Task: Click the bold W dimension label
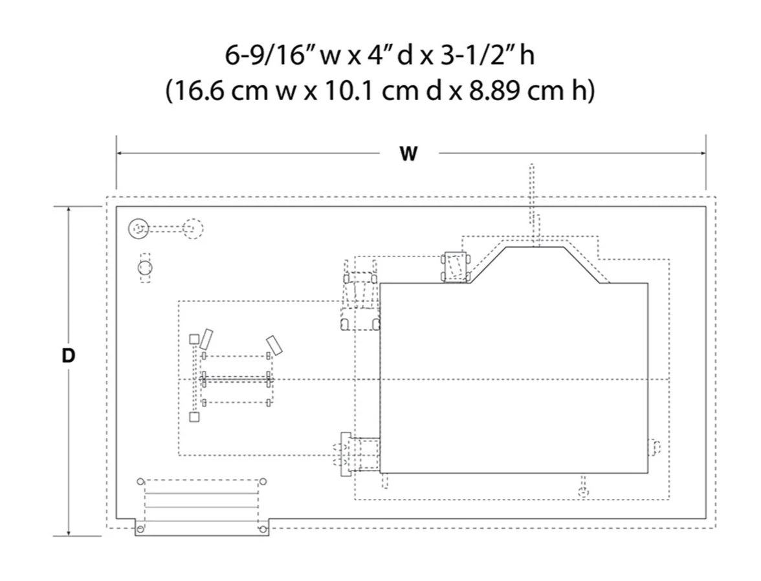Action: (x=408, y=154)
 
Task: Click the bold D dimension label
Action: (x=69, y=355)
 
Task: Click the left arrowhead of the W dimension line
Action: (x=120, y=154)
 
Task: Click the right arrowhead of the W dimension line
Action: (x=702, y=154)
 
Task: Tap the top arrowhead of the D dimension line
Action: (x=69, y=211)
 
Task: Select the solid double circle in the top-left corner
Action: (x=138, y=229)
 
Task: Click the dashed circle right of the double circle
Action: (x=193, y=229)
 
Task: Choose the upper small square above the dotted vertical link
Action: (x=194, y=339)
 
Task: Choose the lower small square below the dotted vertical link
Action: (x=194, y=417)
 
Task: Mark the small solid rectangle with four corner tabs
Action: (x=456, y=266)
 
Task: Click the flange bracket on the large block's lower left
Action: (x=346, y=454)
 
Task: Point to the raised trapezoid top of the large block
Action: (x=535, y=265)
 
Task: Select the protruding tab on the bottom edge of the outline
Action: (x=202, y=528)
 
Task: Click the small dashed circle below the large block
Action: (x=584, y=493)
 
